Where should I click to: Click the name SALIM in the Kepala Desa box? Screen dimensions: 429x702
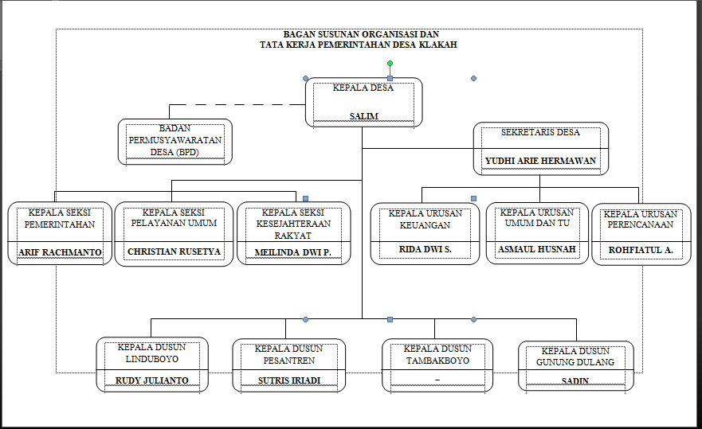coord(363,116)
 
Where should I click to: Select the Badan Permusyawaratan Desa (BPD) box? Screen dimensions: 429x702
coord(175,141)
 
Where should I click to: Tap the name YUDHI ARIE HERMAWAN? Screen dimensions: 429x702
coord(540,161)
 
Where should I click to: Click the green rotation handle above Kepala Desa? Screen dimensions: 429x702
coord(390,63)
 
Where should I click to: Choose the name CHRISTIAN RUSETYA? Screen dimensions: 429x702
coord(174,252)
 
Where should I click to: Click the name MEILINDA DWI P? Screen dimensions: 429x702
coord(293,252)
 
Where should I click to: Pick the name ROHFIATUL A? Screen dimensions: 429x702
coord(641,250)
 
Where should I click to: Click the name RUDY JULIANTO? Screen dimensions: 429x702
coord(152,380)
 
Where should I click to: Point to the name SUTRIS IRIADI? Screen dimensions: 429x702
coord(288,380)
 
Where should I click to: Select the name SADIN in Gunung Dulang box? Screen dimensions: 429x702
coord(575,381)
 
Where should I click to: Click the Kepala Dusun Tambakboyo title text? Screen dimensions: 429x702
coord(437,354)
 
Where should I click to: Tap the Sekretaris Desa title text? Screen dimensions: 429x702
coord(540,132)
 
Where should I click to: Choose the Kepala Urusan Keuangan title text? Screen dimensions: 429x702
coord(425,219)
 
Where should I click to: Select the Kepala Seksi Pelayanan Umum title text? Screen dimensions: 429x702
coord(174,218)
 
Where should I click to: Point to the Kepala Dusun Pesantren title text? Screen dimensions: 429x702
coord(288,354)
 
